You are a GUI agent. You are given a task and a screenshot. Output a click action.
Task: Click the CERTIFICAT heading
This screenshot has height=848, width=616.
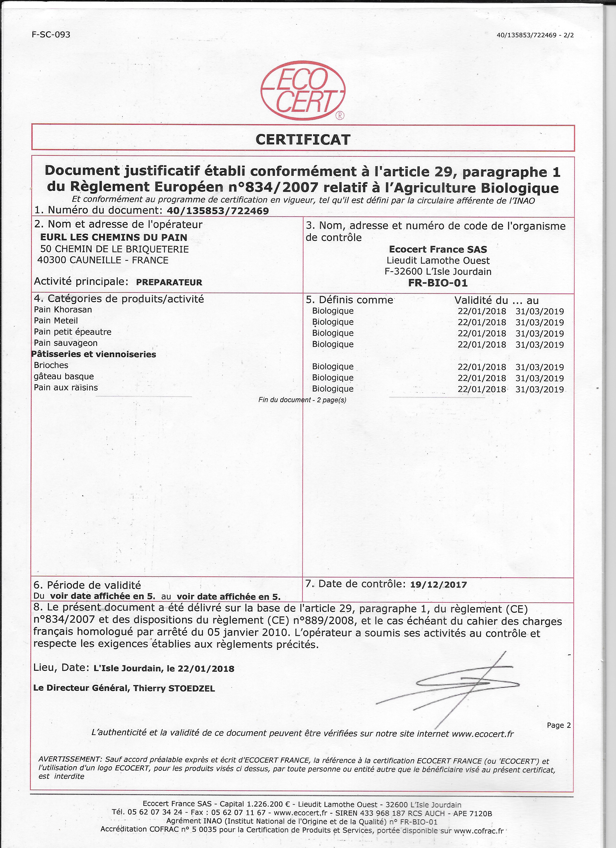click(303, 140)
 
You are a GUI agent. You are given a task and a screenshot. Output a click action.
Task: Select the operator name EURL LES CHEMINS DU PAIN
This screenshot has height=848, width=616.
click(114, 237)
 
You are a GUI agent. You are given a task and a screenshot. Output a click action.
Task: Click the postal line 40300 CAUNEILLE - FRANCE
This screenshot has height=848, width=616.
click(103, 260)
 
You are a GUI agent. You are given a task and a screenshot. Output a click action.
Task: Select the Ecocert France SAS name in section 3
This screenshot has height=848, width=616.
click(438, 249)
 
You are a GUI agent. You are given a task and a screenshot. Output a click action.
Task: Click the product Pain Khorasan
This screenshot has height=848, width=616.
click(63, 310)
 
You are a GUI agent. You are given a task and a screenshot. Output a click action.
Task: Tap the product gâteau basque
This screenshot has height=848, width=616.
click(64, 376)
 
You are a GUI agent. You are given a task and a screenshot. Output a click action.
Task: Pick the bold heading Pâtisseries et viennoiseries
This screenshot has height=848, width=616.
click(94, 354)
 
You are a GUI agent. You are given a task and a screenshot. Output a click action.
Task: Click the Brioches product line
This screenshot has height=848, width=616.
click(51, 365)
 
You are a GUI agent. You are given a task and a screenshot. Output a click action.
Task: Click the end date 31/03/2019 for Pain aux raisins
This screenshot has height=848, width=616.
click(539, 389)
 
